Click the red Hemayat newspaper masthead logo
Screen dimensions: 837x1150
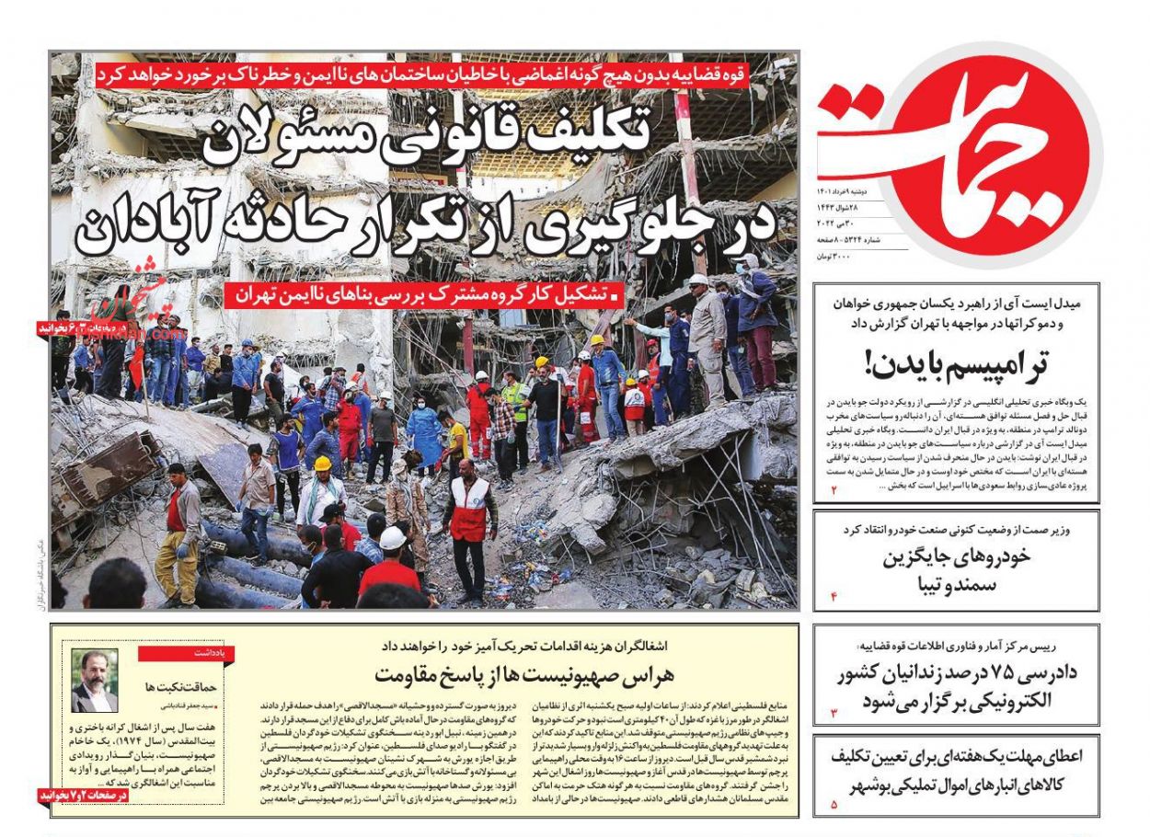tap(957, 152)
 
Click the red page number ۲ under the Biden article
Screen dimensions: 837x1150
tap(834, 490)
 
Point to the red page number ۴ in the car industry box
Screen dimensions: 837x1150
tap(834, 597)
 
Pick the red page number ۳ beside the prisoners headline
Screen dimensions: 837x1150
tap(834, 712)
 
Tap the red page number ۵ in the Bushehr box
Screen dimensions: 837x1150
tap(834, 805)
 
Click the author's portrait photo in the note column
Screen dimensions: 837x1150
tap(95, 682)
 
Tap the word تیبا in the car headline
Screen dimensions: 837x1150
tap(929, 584)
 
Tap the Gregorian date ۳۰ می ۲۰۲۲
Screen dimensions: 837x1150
tap(836, 224)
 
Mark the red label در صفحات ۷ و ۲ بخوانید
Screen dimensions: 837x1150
tap(83, 794)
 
